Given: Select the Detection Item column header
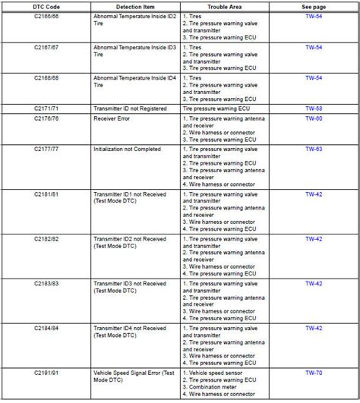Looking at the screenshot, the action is [134, 5].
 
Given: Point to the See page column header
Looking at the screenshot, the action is [314, 5].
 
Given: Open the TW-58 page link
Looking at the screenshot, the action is [314, 109].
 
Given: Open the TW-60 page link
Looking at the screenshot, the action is [314, 118].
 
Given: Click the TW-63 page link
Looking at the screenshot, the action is [314, 150].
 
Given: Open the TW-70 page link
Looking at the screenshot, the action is [314, 373].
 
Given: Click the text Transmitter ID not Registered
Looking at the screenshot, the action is [132, 109].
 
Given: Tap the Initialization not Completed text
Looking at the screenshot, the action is [127, 150].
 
